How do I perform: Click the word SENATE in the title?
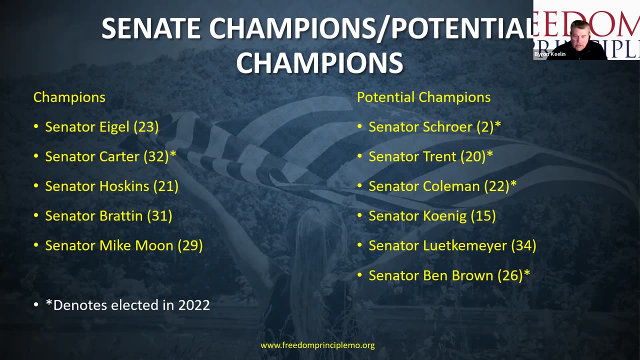point(151,28)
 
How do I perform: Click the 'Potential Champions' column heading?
point(423,97)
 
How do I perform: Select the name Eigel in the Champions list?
point(114,127)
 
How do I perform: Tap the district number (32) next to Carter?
point(156,156)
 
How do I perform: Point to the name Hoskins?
point(124,186)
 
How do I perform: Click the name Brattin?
point(121,215)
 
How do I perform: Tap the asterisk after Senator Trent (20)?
point(489,153)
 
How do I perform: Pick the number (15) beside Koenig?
point(483,216)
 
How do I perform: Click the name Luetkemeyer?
point(465,245)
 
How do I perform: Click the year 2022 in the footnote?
point(194,305)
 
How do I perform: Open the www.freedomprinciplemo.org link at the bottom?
point(317,345)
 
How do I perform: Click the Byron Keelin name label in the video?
point(549,54)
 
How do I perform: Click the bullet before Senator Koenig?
point(359,215)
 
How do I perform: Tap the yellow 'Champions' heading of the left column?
point(69,97)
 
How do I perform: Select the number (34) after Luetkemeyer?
point(523,245)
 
